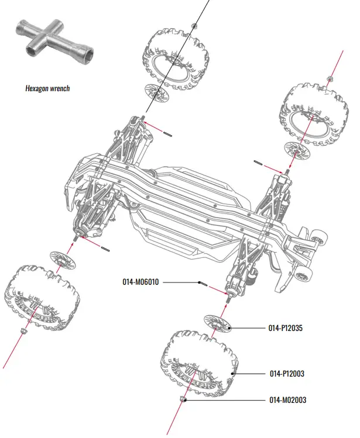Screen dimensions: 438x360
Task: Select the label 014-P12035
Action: pyautogui.click(x=286, y=329)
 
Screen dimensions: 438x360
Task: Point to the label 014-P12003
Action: pyautogui.click(x=286, y=373)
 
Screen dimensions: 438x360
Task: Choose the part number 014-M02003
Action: pyautogui.click(x=287, y=400)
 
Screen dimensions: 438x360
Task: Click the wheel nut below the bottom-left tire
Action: pyautogui.click(x=24, y=332)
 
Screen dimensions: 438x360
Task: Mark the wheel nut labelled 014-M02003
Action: pyautogui.click(x=183, y=400)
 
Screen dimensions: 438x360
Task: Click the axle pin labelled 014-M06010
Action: pyautogui.click(x=203, y=284)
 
